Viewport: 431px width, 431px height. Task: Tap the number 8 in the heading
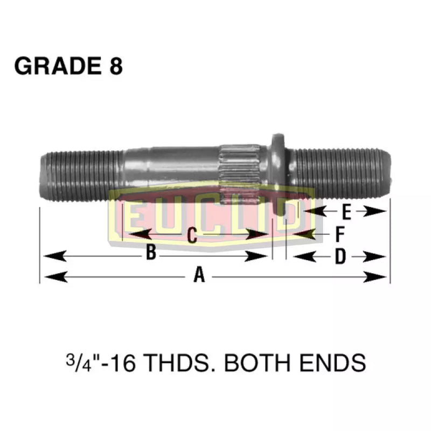pos(115,66)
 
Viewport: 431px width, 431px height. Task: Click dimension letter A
pos(200,276)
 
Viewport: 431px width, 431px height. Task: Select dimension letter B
pos(151,252)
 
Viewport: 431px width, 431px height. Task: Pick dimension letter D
pos(339,258)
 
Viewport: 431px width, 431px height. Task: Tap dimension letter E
pos(346,213)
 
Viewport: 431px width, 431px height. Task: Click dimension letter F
pos(340,234)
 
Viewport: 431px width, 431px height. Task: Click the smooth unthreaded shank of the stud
pos(172,164)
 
